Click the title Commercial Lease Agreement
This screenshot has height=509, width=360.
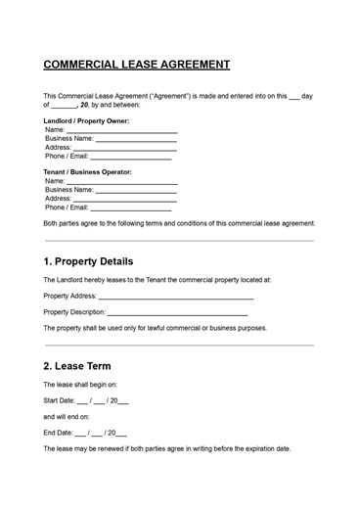coord(137,65)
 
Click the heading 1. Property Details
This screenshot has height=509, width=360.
coord(89,262)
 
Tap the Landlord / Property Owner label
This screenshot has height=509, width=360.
coord(86,120)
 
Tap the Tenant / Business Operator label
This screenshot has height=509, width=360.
coord(88,172)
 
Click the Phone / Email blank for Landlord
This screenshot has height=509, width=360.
coord(130,157)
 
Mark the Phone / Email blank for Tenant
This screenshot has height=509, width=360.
coord(130,208)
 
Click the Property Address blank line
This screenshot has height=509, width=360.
coord(176,297)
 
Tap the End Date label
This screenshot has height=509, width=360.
coord(58,433)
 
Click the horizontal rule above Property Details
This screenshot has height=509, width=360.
coord(179,240)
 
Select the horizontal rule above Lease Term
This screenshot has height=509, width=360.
coord(179,345)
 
